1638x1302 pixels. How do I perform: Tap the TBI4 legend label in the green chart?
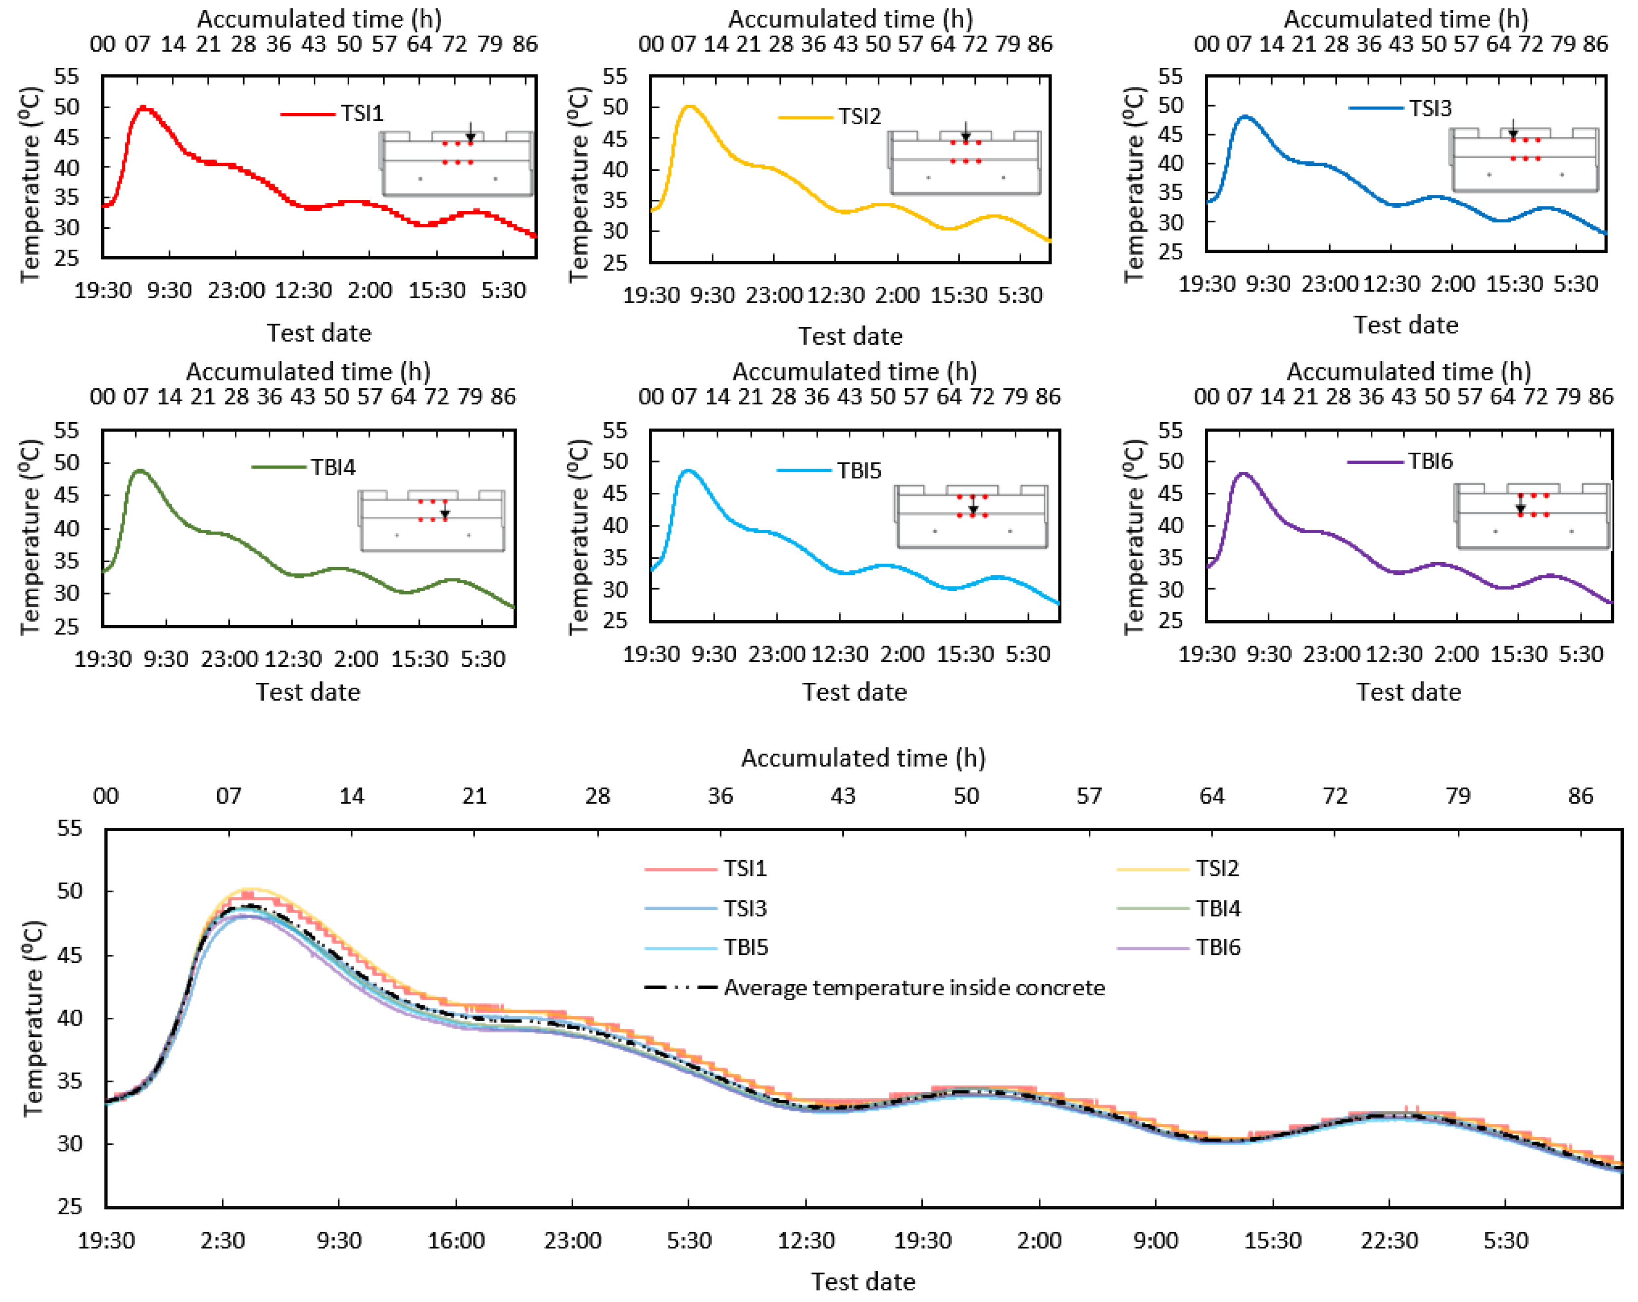333,467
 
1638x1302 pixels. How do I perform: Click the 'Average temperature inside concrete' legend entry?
914,987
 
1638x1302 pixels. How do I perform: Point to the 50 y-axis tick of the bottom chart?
69,891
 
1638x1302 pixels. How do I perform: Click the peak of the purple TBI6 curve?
1244,473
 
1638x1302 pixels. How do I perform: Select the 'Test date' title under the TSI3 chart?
1406,325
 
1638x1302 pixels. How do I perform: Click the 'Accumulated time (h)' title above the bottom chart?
863,758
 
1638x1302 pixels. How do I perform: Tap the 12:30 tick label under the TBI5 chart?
839,654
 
